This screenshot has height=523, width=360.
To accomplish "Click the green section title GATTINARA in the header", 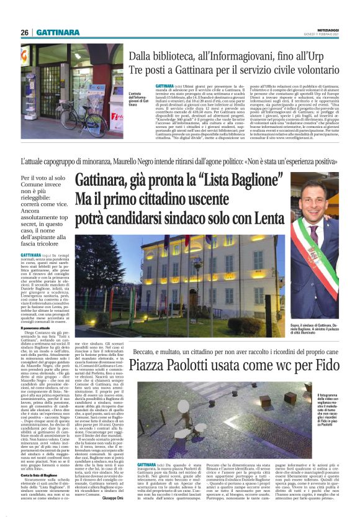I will pos(58,32).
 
